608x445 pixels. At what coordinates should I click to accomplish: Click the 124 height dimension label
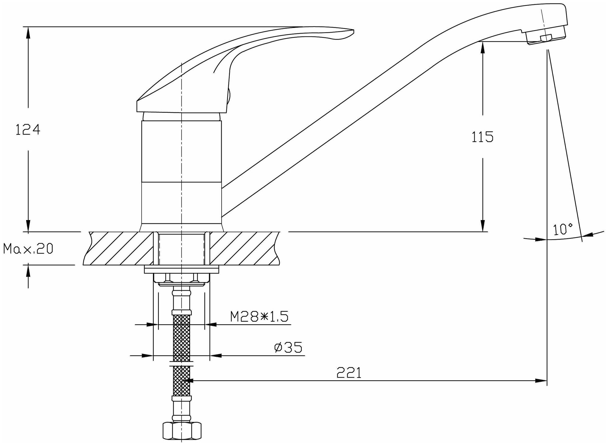(x=28, y=130)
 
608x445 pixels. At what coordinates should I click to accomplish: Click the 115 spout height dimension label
(x=482, y=137)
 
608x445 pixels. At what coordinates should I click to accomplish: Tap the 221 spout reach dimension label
(x=349, y=373)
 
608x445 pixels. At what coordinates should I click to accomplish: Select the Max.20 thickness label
(x=28, y=249)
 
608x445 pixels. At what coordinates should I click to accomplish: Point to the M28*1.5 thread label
(x=259, y=317)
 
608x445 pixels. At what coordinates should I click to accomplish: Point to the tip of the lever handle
(x=353, y=30)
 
